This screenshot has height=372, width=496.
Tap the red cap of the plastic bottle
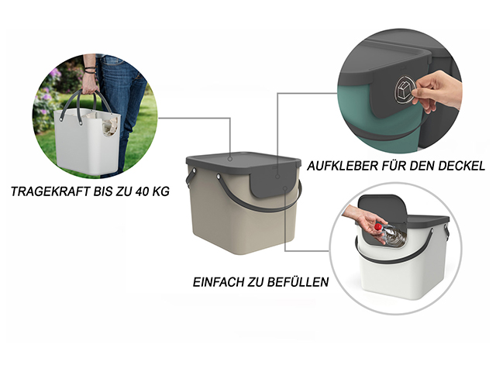click(377, 227)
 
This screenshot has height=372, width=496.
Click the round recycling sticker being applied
click(405, 89)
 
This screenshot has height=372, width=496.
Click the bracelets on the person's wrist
click(90, 70)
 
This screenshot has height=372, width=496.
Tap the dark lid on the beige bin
click(243, 162)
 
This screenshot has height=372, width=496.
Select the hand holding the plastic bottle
click(363, 222)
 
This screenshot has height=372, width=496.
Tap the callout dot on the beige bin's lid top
click(230, 159)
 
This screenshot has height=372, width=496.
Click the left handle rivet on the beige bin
click(193, 171)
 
